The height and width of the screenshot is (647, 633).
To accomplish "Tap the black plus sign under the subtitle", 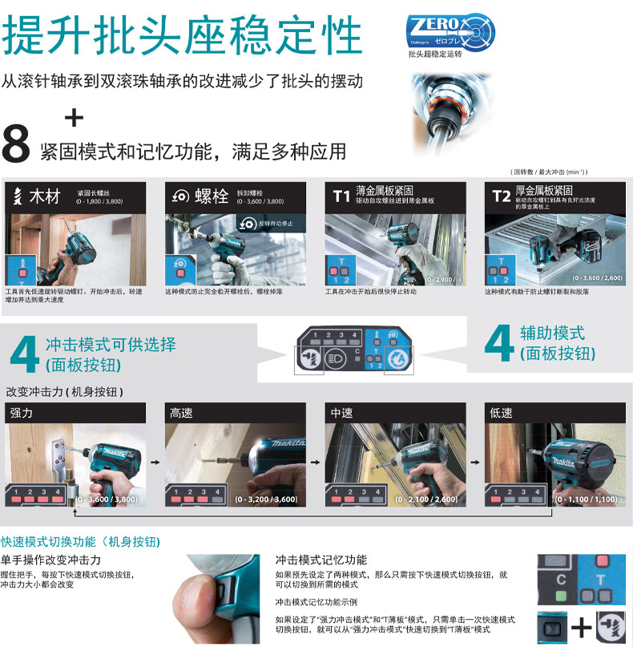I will [74, 119].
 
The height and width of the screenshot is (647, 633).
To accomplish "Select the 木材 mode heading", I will [45, 196].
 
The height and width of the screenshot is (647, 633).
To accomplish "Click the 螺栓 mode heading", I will [212, 196].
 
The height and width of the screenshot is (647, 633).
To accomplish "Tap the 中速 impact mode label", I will [342, 413].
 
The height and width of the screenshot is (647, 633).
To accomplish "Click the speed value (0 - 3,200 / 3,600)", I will [267, 499].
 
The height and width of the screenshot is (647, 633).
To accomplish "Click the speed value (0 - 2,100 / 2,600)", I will [426, 499].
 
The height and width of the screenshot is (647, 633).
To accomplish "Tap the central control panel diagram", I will [356, 351].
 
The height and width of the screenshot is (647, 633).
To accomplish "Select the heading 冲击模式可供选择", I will [111, 345].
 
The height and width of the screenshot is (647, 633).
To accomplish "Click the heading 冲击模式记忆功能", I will [321, 560].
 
